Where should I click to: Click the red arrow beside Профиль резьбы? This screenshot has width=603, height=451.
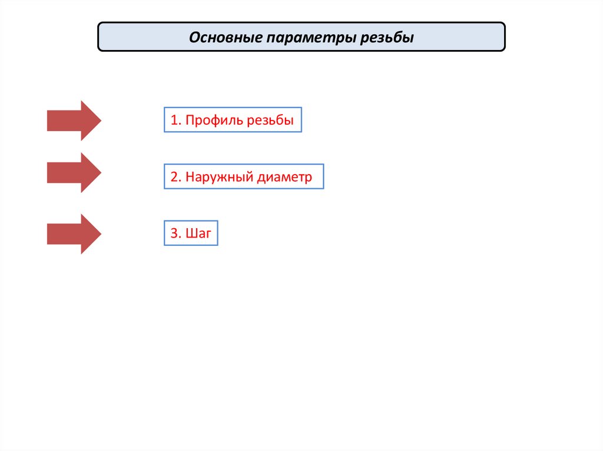tap(74, 121)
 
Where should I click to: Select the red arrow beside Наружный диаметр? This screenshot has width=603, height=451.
tap(74, 173)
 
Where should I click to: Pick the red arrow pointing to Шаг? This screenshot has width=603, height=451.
tap(74, 234)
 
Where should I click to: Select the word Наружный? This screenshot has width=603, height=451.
tap(220, 177)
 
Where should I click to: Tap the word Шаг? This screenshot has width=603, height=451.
tap(198, 233)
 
